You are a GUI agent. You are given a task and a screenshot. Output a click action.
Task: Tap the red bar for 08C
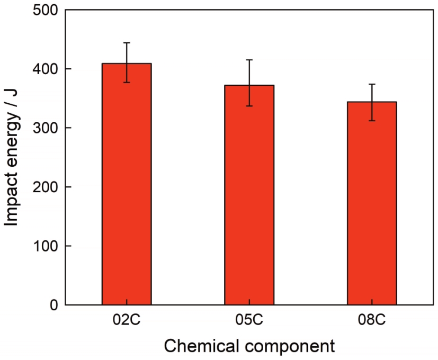(372, 203)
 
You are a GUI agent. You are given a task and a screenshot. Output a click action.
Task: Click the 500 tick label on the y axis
(45, 10)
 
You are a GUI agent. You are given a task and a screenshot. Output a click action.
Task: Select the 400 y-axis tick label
(45, 69)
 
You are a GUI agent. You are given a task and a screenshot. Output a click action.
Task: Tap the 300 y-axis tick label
(45, 128)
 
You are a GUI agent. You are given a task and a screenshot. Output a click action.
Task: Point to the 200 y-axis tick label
(45, 187)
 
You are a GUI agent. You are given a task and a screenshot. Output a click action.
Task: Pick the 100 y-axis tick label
(45, 246)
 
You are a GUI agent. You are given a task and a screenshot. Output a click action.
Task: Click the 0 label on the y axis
(53, 305)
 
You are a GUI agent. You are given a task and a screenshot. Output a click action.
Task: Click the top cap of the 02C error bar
(127, 43)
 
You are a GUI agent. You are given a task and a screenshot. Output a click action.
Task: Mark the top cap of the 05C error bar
(249, 60)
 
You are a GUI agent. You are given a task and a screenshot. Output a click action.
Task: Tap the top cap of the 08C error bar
(372, 84)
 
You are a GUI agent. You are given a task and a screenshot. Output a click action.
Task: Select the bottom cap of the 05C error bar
(249, 106)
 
